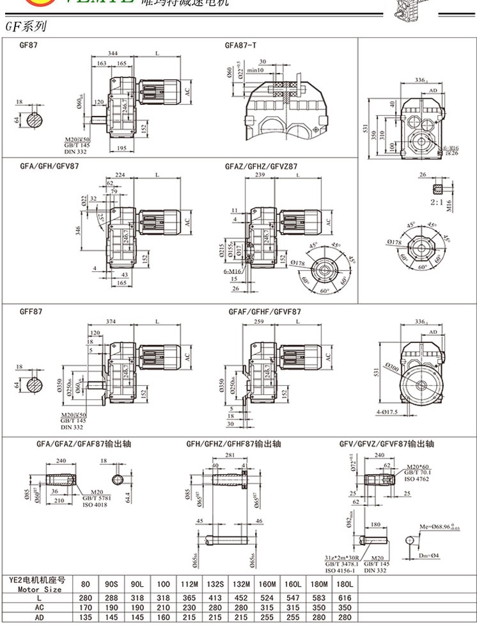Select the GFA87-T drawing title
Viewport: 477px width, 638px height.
[x=241, y=45]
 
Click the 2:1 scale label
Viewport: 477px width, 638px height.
[x=438, y=202]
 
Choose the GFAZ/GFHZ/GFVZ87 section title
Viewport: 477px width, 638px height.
[x=261, y=166]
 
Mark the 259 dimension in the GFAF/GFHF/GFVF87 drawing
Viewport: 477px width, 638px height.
[x=258, y=321]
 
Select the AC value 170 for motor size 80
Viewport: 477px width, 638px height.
[x=86, y=608]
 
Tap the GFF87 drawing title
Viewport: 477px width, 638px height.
[x=31, y=312]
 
